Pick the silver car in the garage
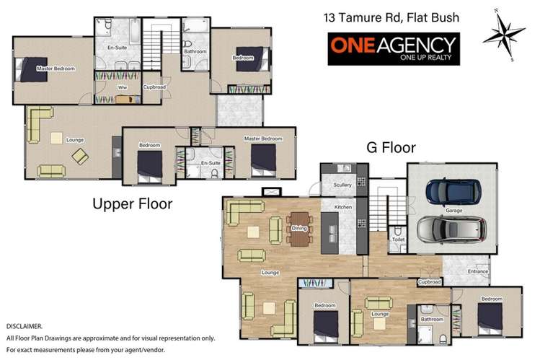pyautogui.click(x=452, y=229)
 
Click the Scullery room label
pyautogui.click(x=342, y=185)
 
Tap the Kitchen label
pyautogui.click(x=342, y=207)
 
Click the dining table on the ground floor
pyautogui.click(x=298, y=229)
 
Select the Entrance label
pyautogui.click(x=477, y=272)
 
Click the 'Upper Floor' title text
pyautogui.click(x=133, y=204)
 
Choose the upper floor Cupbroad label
pyautogui.click(x=154, y=87)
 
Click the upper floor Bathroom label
pyautogui.click(x=195, y=52)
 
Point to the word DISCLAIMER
pyautogui.click(x=24, y=327)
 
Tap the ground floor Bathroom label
pyautogui.click(x=432, y=318)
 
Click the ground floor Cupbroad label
pyautogui.click(x=430, y=281)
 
